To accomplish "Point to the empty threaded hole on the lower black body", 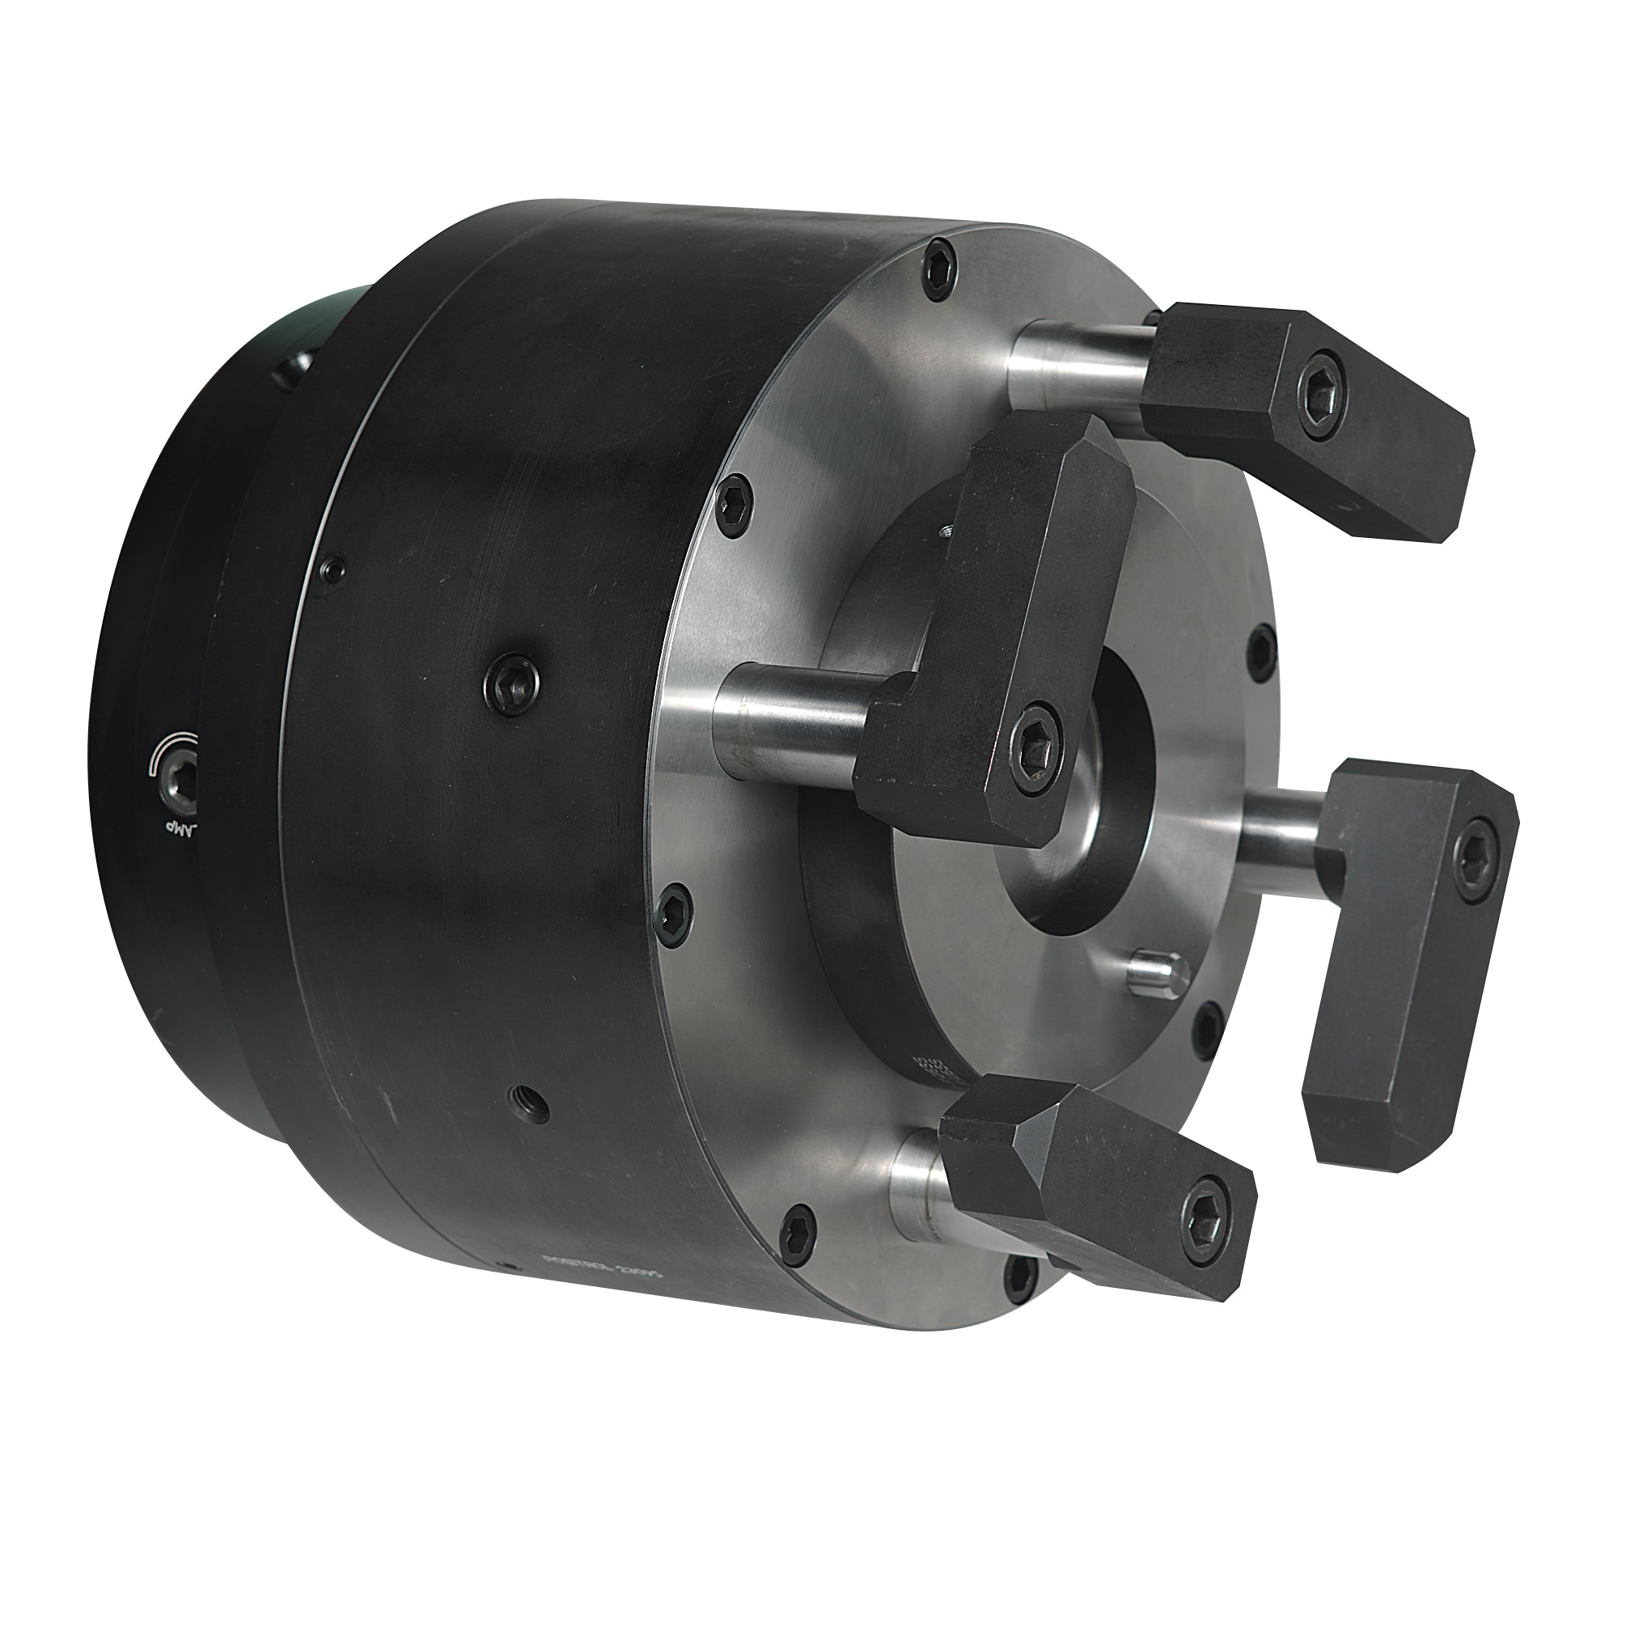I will [x=529, y=1103].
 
